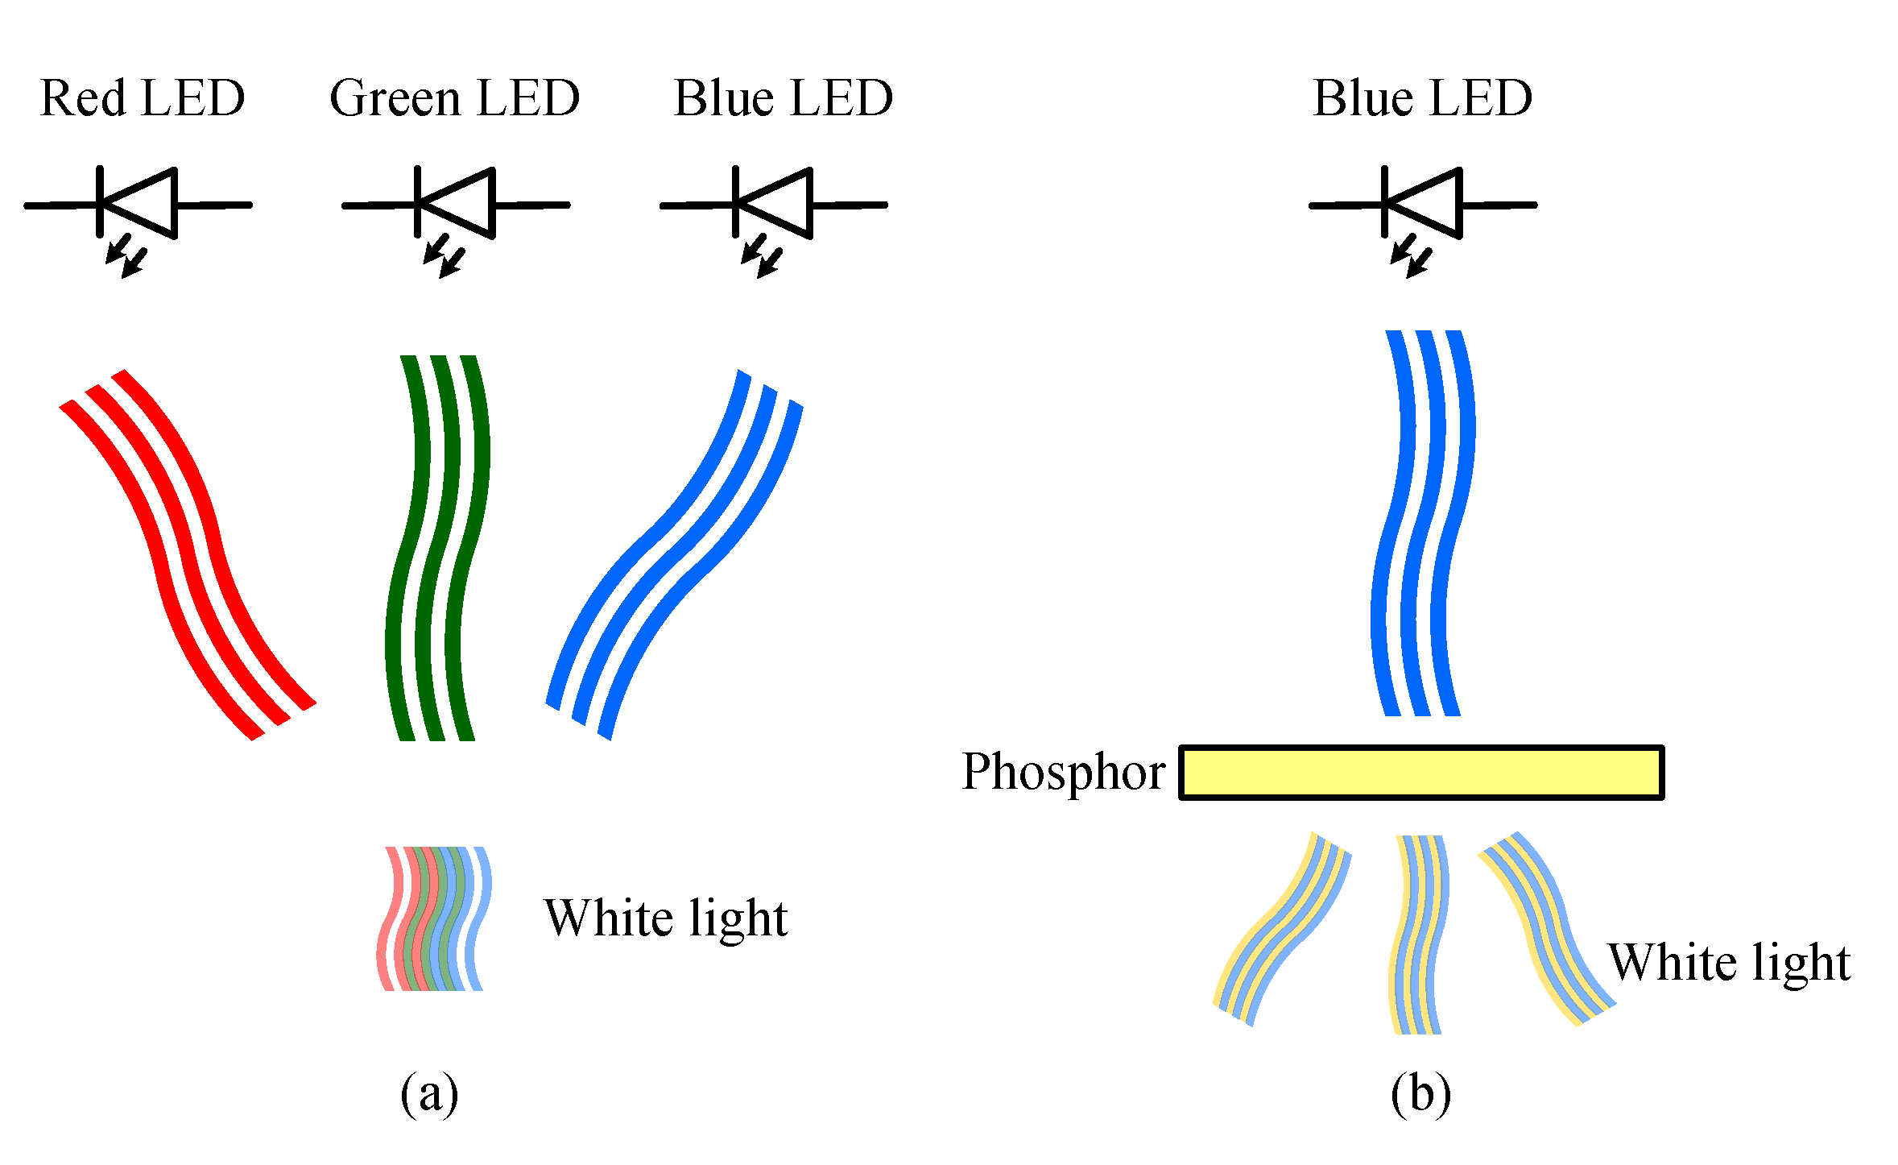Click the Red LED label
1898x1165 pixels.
click(142, 98)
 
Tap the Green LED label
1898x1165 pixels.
click(454, 98)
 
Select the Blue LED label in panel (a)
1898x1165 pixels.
click(783, 98)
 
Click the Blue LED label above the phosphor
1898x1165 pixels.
click(1422, 98)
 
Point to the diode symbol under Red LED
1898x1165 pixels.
click(138, 204)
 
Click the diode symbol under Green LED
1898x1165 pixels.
click(456, 204)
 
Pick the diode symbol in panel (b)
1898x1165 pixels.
click(1423, 204)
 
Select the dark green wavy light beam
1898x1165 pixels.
click(437, 548)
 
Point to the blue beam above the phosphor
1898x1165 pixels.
click(1422, 524)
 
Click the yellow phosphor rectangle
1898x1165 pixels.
click(1421, 772)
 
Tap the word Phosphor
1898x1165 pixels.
click(1062, 772)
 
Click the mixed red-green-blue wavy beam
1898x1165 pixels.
click(433, 918)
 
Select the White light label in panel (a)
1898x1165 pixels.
click(665, 918)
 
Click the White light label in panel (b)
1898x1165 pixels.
click(1729, 963)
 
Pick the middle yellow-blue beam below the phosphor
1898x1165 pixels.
click(1419, 935)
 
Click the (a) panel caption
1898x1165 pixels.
click(429, 1094)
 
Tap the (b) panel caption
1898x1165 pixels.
click(1420, 1094)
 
